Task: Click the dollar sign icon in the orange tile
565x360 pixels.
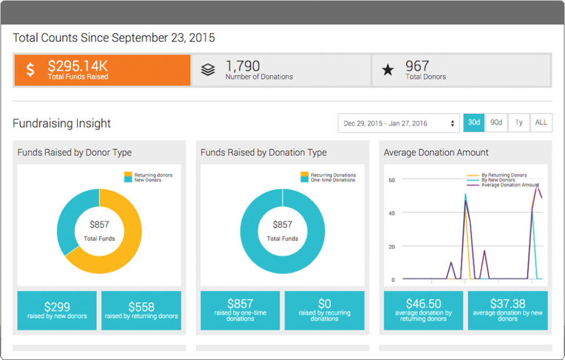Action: (x=30, y=70)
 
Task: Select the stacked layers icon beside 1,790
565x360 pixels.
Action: (x=208, y=70)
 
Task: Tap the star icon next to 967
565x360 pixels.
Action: (x=388, y=70)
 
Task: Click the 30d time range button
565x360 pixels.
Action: (x=474, y=122)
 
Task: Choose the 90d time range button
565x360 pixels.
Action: (x=497, y=122)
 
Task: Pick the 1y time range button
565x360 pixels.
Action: (x=519, y=122)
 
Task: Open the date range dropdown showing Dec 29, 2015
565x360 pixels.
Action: (x=398, y=123)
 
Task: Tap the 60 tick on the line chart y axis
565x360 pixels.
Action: (x=391, y=181)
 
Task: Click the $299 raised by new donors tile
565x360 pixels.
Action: (x=57, y=310)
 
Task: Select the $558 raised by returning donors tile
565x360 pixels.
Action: (x=141, y=310)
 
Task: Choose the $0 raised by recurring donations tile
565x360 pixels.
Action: (x=324, y=310)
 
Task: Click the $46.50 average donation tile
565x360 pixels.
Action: (x=423, y=310)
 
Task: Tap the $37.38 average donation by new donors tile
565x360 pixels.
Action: (x=507, y=310)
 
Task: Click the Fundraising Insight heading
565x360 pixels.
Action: (x=62, y=124)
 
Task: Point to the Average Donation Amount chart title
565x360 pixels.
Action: (x=436, y=152)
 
